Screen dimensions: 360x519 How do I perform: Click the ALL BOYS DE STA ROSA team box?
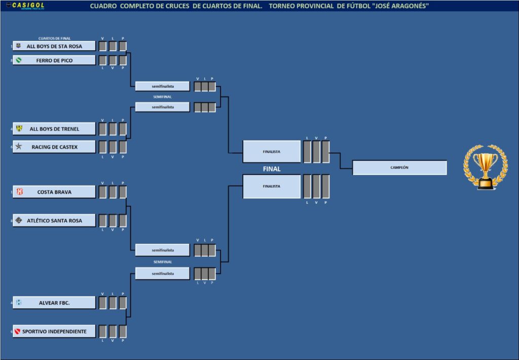(54, 46)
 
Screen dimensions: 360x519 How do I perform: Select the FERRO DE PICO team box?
(54, 60)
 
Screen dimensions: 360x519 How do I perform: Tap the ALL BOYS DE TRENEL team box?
(54, 129)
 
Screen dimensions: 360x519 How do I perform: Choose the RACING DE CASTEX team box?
(54, 147)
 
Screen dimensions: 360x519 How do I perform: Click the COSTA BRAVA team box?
(54, 192)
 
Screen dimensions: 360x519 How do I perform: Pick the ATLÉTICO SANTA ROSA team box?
(54, 221)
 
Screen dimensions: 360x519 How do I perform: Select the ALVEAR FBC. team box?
(54, 303)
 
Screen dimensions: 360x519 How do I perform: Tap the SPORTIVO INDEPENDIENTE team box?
(54, 332)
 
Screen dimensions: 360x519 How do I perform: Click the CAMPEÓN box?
(399, 167)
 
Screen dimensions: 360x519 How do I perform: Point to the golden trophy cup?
(485, 167)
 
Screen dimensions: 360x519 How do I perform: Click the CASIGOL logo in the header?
(28, 6)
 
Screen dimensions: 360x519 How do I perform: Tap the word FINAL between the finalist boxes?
(272, 169)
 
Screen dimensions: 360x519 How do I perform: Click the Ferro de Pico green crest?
(19, 60)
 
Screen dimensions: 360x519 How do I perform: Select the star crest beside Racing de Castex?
(19, 147)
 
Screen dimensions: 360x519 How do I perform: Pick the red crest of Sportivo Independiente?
(19, 332)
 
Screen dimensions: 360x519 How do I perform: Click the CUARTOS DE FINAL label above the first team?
(54, 39)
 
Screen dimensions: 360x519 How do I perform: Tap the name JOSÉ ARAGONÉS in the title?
(401, 6)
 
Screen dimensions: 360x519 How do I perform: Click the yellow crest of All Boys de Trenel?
(19, 129)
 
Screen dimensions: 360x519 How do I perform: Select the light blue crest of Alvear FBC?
(19, 303)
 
